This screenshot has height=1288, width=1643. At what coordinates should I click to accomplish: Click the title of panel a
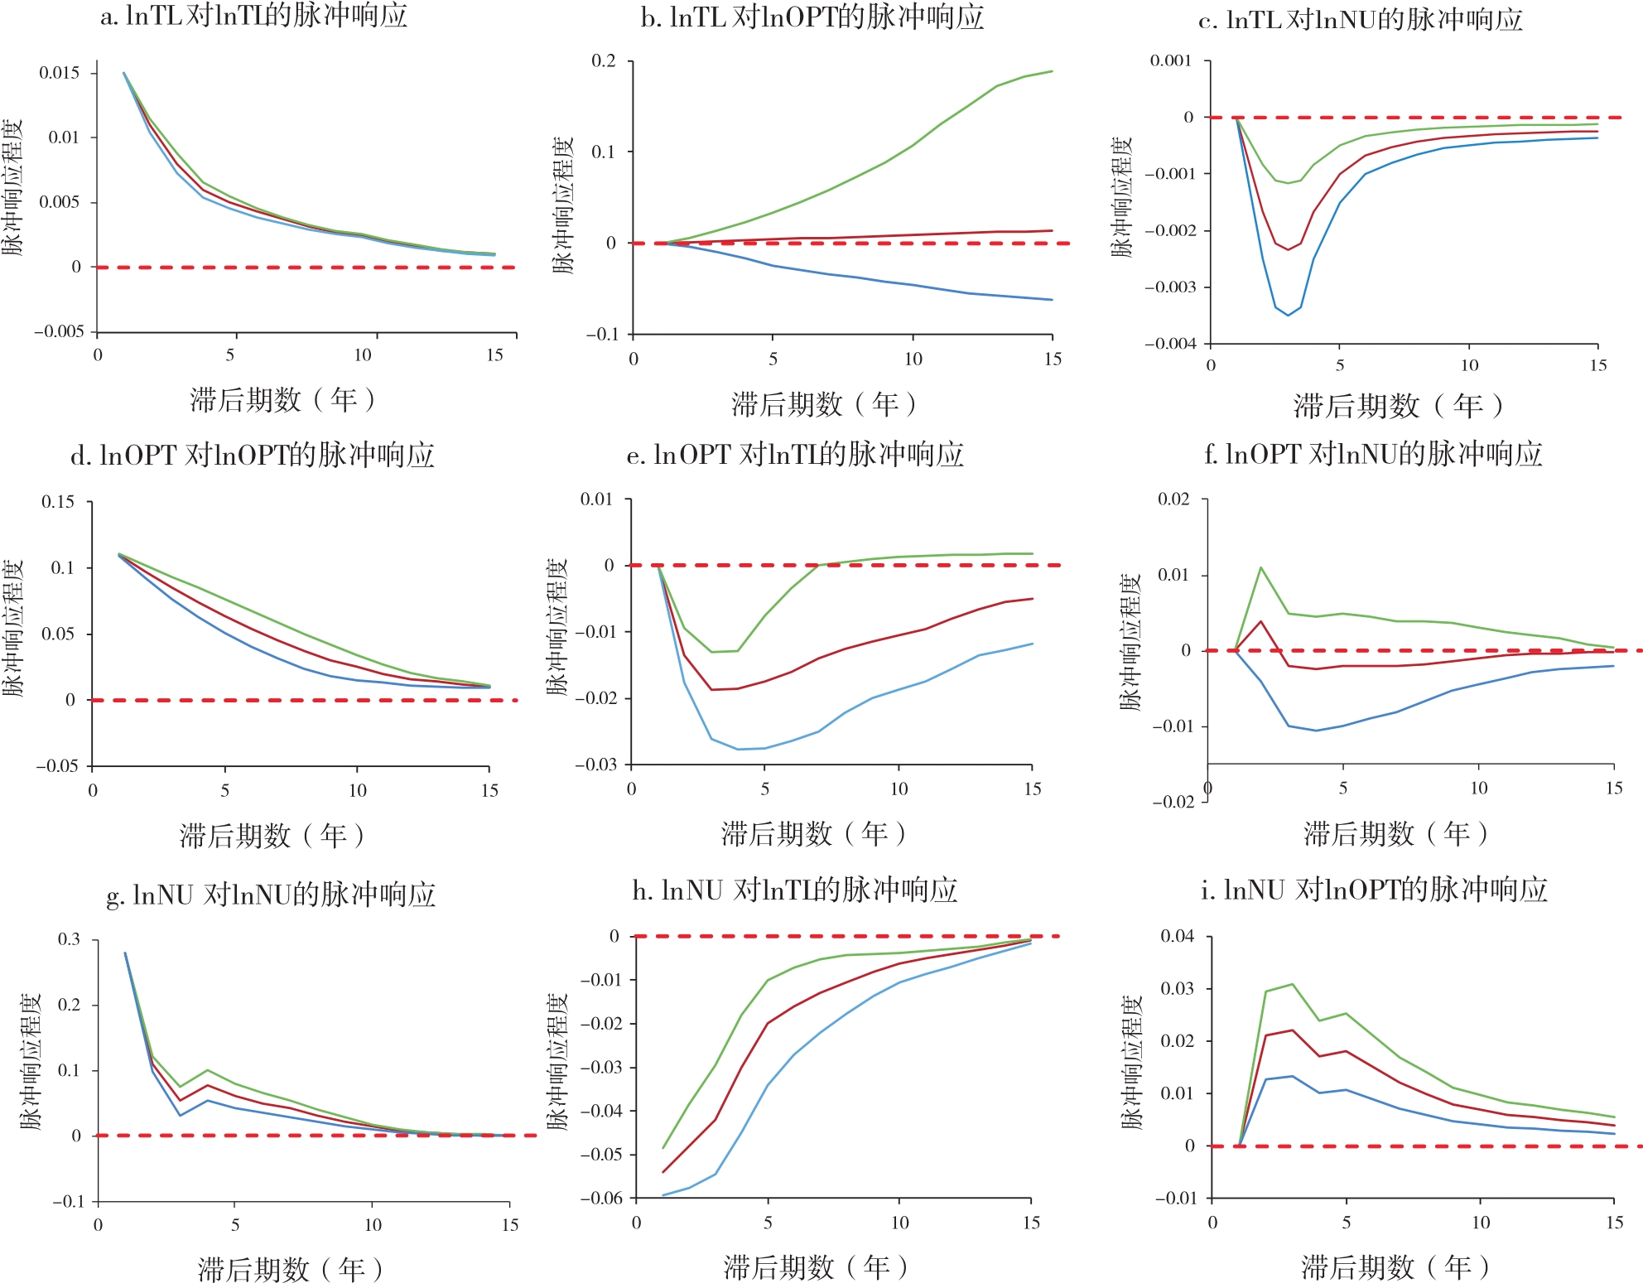(x=253, y=17)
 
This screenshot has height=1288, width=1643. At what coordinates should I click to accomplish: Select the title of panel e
(x=795, y=455)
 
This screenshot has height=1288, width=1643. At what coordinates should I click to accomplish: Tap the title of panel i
(x=1374, y=890)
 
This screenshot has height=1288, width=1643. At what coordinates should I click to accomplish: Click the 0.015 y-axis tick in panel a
(x=60, y=73)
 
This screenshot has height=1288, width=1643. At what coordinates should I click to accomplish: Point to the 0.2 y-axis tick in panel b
(x=604, y=61)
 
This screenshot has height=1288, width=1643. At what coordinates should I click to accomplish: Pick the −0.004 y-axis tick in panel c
(x=1171, y=344)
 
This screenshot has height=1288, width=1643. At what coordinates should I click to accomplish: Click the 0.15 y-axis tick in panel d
(x=58, y=502)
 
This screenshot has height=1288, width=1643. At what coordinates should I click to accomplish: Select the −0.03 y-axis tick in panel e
(x=596, y=765)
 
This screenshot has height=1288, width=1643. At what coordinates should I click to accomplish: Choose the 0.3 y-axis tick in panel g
(x=69, y=939)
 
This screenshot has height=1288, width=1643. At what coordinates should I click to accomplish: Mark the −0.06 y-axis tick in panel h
(x=601, y=1198)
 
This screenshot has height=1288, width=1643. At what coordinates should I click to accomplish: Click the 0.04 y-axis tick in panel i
(x=1177, y=936)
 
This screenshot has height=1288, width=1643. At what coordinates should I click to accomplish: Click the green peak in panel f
(x=1260, y=567)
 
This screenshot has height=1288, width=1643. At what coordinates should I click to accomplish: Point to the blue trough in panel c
(x=1288, y=316)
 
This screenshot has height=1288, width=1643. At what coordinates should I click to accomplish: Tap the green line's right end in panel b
(x=1053, y=71)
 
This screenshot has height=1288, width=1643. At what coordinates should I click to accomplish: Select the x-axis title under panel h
(x=815, y=1266)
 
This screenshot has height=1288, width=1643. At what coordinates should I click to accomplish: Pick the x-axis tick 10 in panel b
(x=913, y=359)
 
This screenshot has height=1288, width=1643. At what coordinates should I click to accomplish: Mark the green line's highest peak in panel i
(x=1293, y=984)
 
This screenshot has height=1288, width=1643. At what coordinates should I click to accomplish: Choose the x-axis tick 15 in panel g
(x=509, y=1224)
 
